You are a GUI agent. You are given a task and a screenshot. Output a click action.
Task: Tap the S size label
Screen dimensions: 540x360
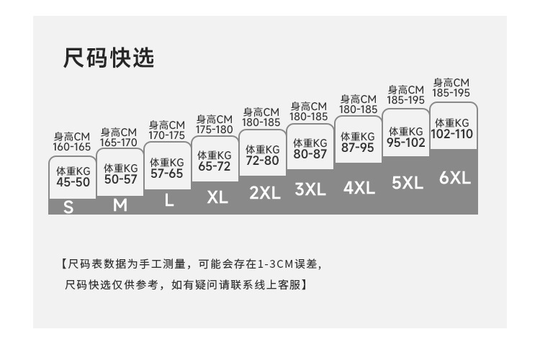click(x=69, y=207)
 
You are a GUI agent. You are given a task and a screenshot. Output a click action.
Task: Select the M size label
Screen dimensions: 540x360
click(x=120, y=205)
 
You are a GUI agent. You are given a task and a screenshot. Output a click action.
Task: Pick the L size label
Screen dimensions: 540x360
click(x=168, y=201)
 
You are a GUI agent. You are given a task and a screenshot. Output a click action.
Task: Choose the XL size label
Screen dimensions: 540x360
click(x=217, y=197)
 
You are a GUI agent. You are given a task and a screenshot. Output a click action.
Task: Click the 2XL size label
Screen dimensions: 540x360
click(x=264, y=192)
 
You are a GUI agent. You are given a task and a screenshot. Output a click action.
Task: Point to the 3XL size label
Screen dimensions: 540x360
click(x=310, y=189)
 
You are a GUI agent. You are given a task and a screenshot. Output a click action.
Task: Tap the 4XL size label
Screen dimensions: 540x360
click(x=359, y=188)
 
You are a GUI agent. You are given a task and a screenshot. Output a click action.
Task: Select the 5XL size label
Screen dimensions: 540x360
click(x=407, y=183)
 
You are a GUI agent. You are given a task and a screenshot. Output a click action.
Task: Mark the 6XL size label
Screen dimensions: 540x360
click(x=454, y=178)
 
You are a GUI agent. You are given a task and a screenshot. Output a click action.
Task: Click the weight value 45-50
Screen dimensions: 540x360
click(x=73, y=182)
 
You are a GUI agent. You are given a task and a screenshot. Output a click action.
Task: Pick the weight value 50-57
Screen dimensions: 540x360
click(x=120, y=179)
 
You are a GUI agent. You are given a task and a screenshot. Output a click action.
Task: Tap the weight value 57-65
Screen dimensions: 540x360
click(x=167, y=174)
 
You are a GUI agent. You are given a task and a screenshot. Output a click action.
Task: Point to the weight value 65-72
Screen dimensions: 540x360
click(x=215, y=166)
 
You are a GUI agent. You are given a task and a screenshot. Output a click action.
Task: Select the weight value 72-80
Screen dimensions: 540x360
click(x=262, y=161)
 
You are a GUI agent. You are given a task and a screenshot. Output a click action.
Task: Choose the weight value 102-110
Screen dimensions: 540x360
click(x=452, y=134)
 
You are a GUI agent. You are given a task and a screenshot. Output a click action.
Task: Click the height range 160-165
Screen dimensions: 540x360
click(x=72, y=147)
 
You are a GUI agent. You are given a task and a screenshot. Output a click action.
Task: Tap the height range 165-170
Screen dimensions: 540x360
click(x=119, y=142)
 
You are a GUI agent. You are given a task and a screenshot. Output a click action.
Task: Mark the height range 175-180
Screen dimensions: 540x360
click(x=215, y=130)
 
